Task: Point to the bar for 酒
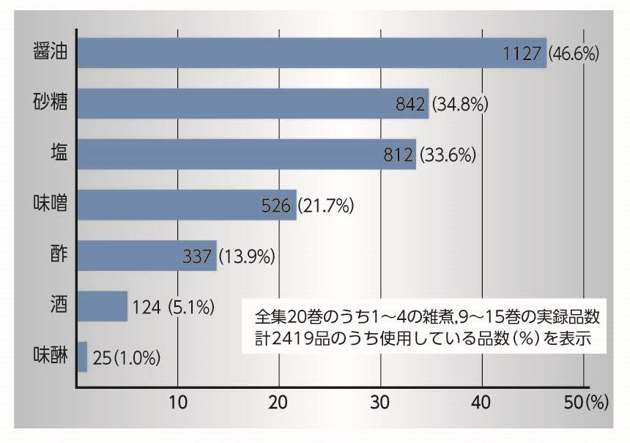pos(102,306)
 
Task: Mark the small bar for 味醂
pos(82,357)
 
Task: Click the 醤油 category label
pos(50,52)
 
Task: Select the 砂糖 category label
pos(50,103)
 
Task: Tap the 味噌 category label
pos(50,204)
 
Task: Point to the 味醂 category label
pos(50,357)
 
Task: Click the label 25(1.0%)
pos(126,358)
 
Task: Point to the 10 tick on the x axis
pos(178,402)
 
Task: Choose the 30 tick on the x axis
pos(380,402)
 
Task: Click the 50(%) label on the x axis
pos(587,402)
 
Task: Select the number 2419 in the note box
pos(288,339)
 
